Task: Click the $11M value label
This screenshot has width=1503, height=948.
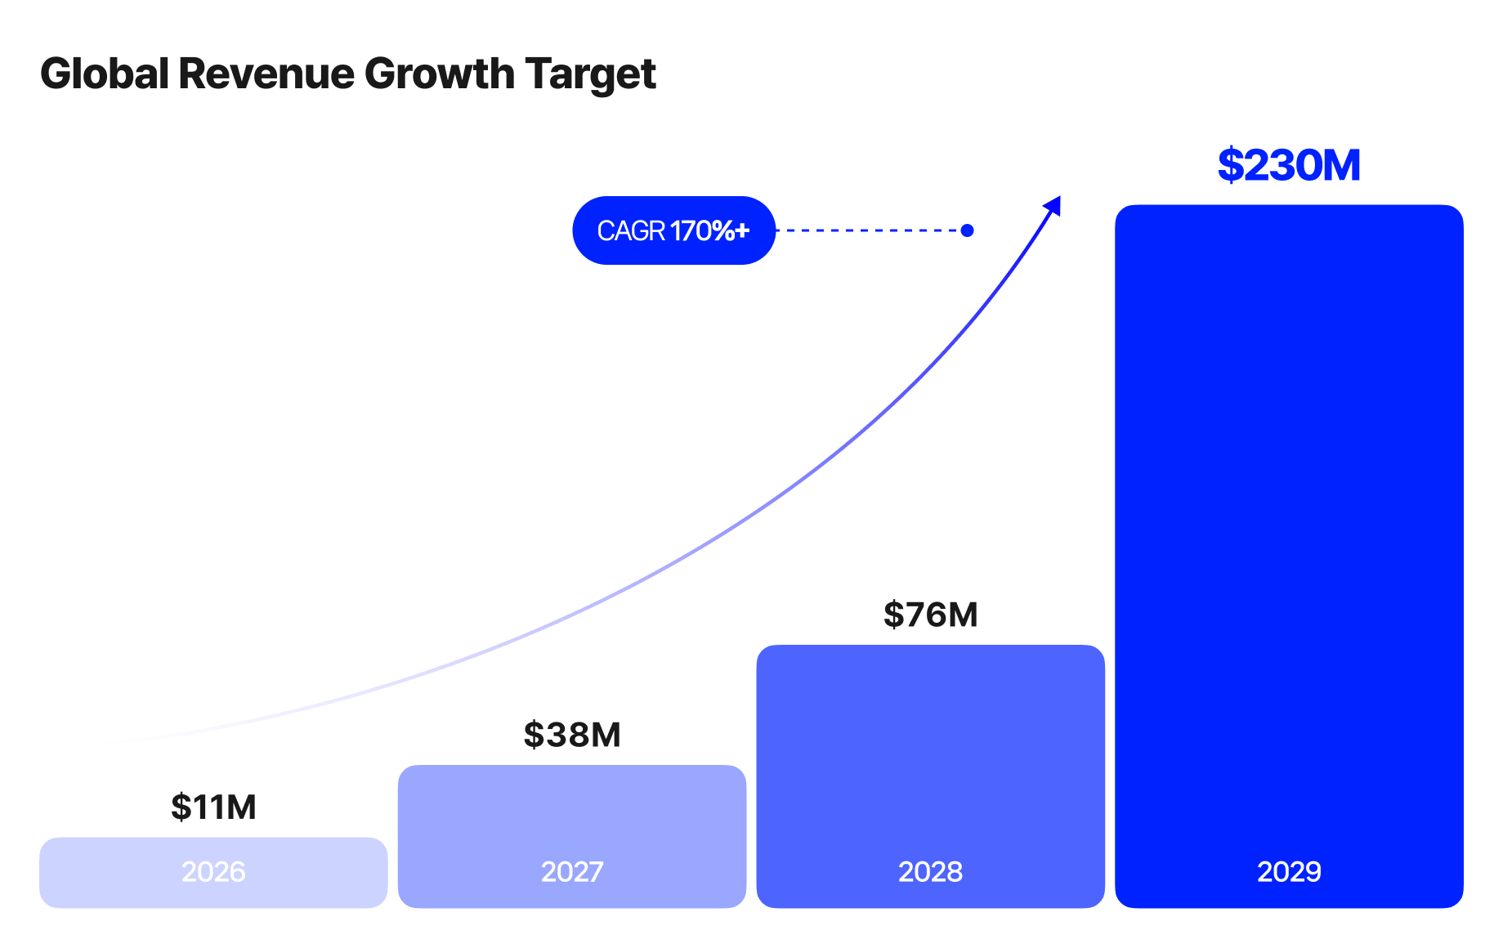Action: click(x=213, y=807)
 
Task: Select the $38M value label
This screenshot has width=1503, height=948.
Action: click(x=572, y=736)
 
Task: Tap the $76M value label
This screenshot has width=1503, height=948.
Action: click(x=930, y=615)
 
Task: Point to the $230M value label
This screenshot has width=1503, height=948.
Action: click(x=1289, y=166)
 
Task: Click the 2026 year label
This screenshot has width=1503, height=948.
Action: click(x=213, y=872)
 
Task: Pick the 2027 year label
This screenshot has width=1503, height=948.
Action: click(x=572, y=872)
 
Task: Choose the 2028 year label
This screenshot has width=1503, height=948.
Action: click(x=930, y=872)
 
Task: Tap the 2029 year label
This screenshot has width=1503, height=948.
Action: click(x=1289, y=872)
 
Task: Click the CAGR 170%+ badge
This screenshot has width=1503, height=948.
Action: click(x=673, y=230)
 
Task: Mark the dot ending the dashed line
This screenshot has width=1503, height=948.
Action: click(x=967, y=230)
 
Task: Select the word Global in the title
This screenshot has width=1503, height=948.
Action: click(x=105, y=74)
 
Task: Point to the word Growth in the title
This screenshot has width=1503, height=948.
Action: click(x=439, y=74)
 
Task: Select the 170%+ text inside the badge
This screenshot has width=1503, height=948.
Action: click(x=709, y=231)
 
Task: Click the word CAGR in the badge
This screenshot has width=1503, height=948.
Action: click(x=631, y=231)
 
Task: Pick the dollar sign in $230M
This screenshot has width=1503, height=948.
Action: click(x=1230, y=166)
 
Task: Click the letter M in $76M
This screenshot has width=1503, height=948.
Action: click(x=962, y=615)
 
